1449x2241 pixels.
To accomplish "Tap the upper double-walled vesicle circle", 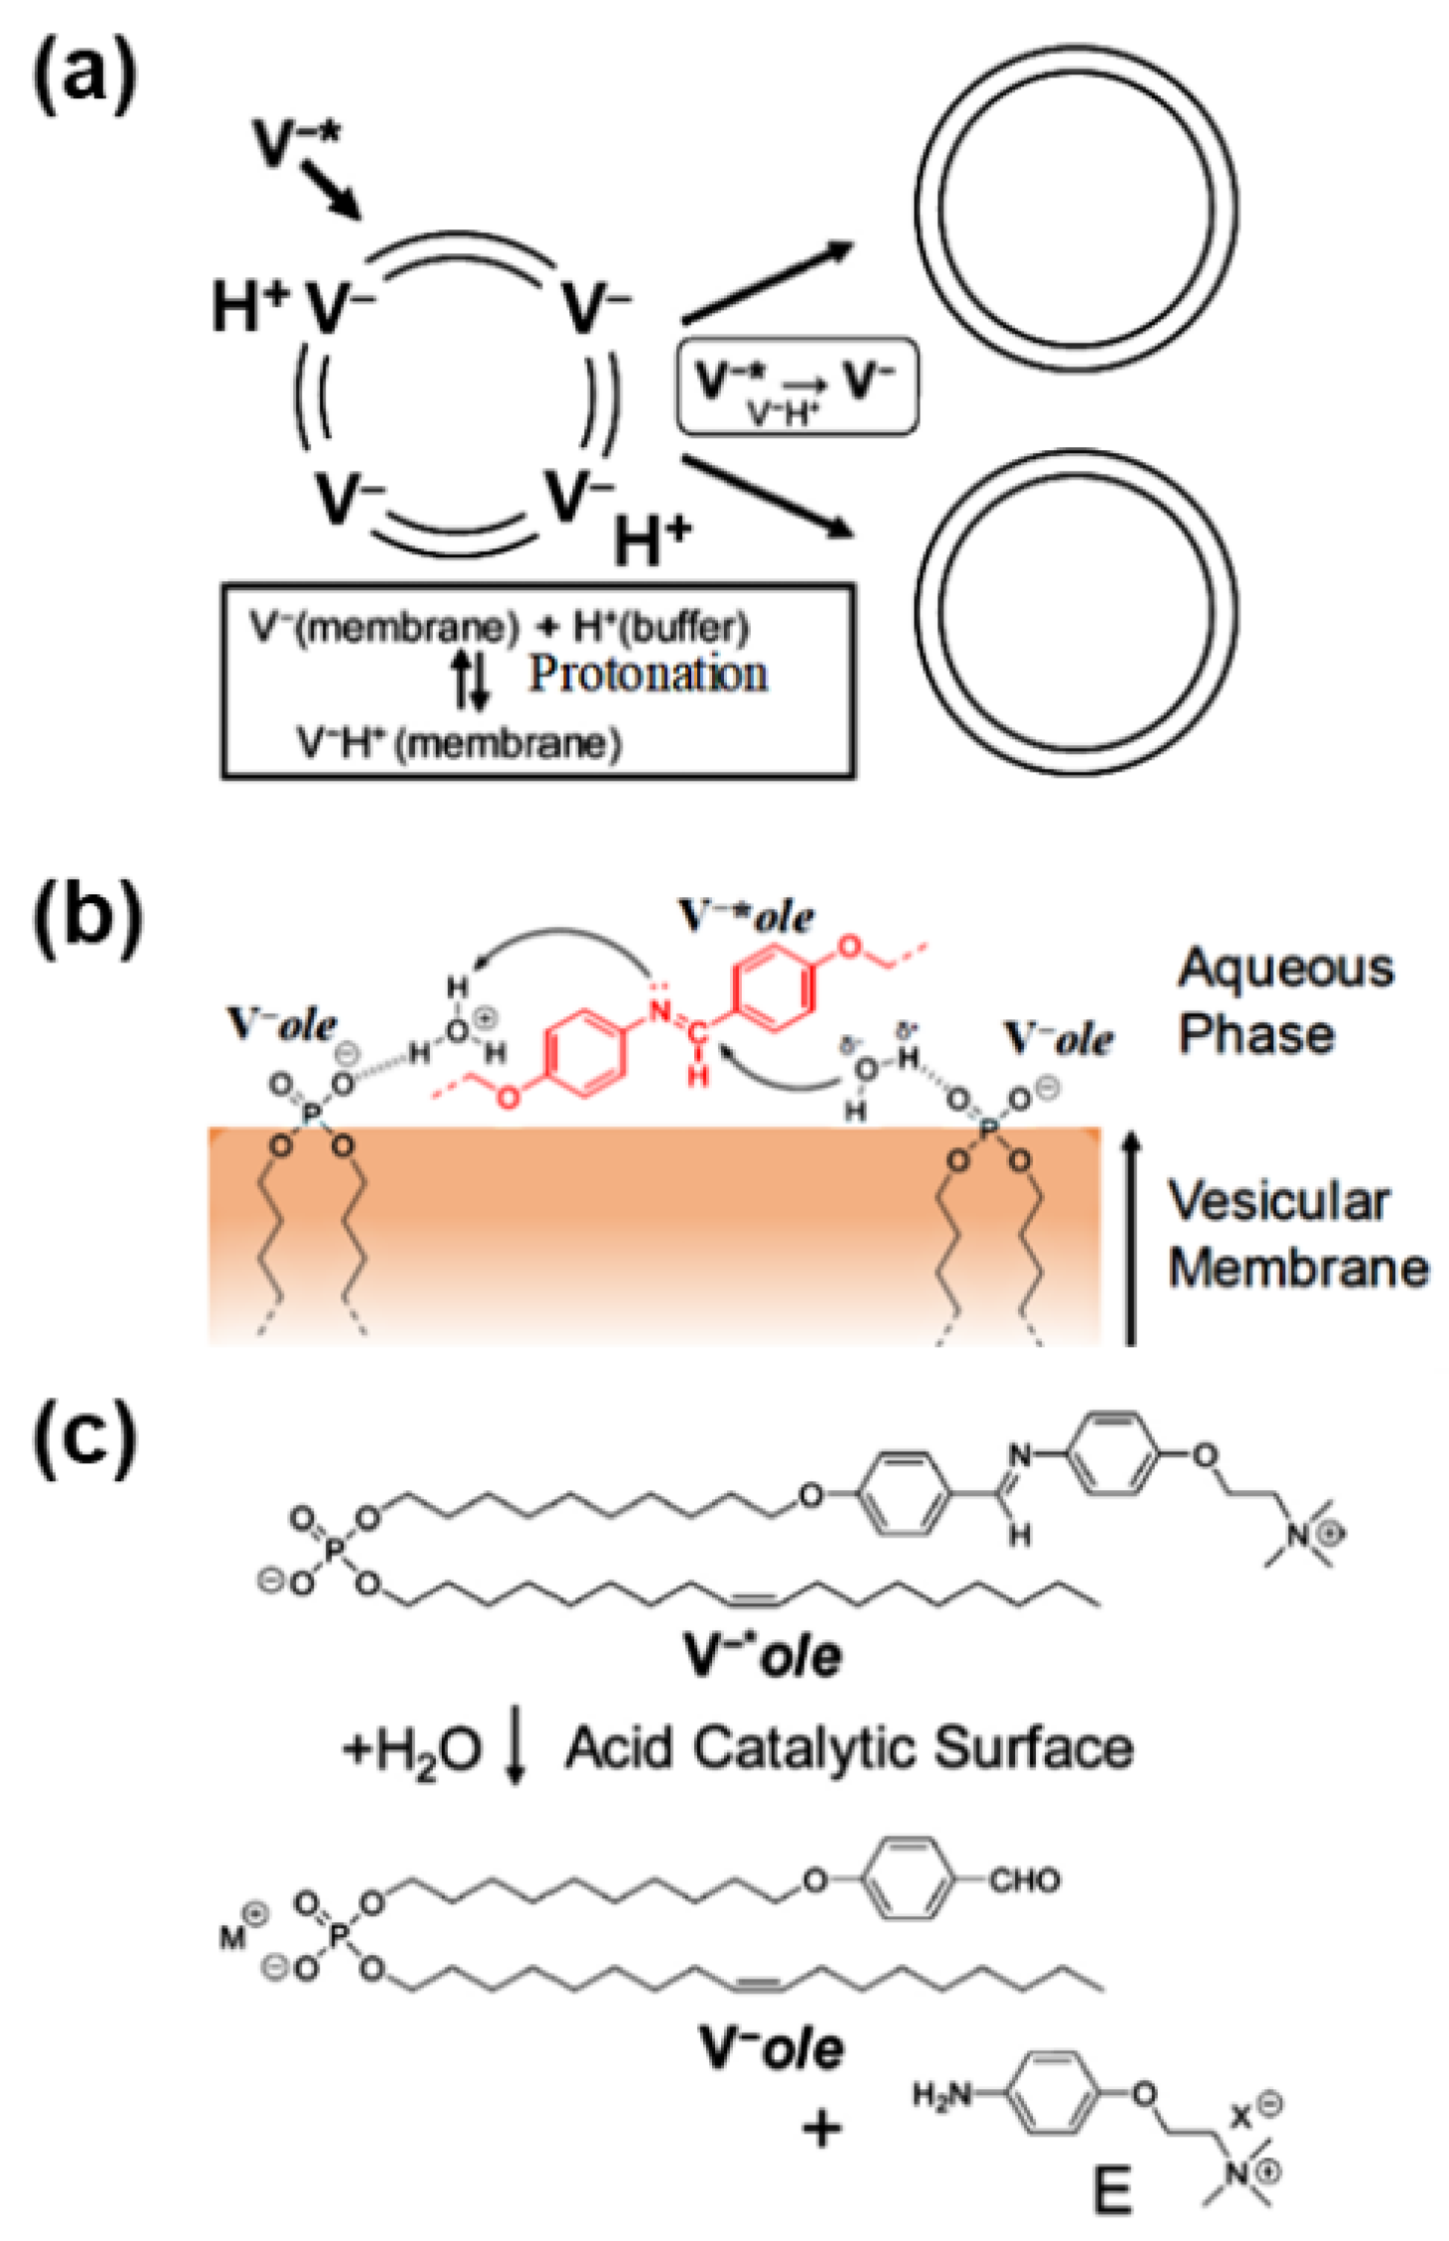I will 1077,207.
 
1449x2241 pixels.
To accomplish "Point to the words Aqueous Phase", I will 1285,999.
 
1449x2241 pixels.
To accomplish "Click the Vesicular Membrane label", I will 1297,1234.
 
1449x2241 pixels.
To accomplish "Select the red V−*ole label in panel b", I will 746,916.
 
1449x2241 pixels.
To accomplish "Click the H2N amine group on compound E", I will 942,2095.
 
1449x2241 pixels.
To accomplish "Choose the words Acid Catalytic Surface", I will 849,1748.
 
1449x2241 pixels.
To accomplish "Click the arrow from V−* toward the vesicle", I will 330,188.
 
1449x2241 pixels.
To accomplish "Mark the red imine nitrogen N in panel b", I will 656,1012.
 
